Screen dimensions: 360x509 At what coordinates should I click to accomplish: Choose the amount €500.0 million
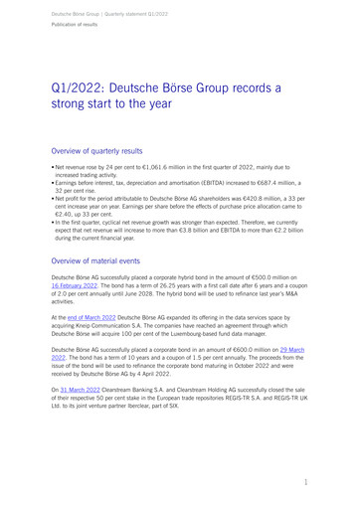[x=265, y=274]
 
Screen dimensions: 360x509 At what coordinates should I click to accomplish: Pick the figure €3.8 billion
[x=218, y=229]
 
